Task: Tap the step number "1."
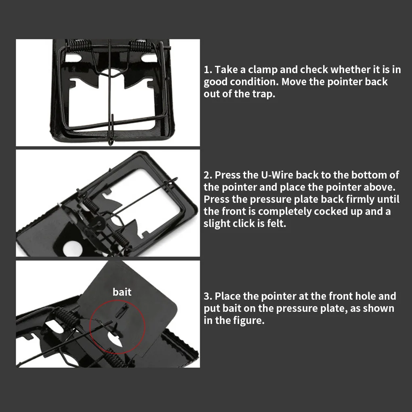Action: pyautogui.click(x=208, y=69)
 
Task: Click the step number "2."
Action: pyautogui.click(x=208, y=175)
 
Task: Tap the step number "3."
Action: pyautogui.click(x=208, y=296)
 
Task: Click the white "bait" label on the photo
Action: pyautogui.click(x=122, y=292)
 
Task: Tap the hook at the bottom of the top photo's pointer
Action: pyautogui.click(x=111, y=141)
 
